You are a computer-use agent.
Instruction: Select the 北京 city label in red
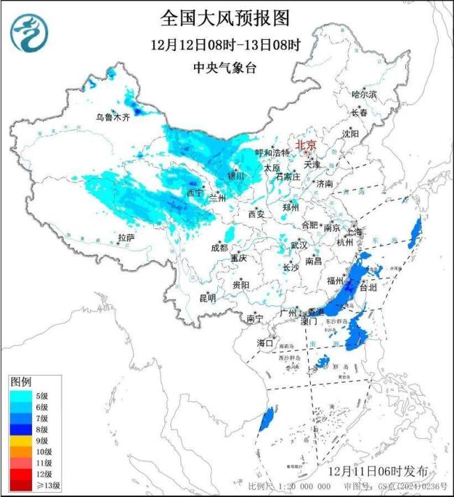(x=306, y=145)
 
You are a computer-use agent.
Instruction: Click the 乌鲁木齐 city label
(x=112, y=117)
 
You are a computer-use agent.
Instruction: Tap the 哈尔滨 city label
(x=364, y=94)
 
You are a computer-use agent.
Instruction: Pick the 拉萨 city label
(x=126, y=238)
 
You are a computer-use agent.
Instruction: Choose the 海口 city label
(x=265, y=343)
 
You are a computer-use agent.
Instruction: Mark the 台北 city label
(x=367, y=287)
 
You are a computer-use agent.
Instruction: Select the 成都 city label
(x=219, y=248)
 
